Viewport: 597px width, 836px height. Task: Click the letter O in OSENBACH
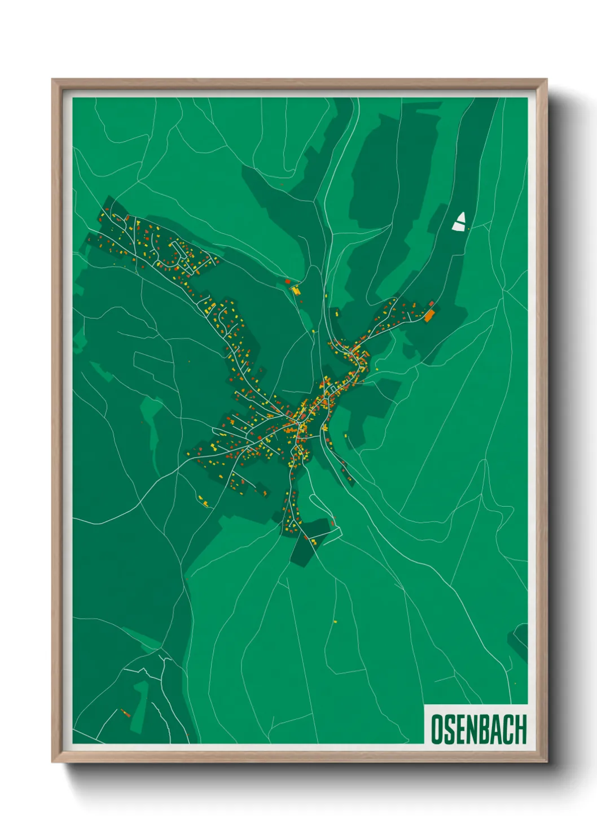[437, 729]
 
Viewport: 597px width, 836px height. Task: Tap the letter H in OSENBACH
[520, 729]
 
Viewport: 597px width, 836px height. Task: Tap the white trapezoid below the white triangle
[458, 227]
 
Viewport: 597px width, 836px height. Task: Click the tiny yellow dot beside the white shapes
[468, 228]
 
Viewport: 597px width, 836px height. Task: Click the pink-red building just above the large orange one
[432, 304]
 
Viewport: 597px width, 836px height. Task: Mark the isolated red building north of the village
[288, 281]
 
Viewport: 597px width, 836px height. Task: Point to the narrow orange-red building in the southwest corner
[125, 712]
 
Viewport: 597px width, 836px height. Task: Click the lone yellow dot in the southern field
[335, 622]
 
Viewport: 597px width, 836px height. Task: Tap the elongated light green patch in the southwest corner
[140, 706]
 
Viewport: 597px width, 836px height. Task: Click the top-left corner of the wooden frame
[52, 80]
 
